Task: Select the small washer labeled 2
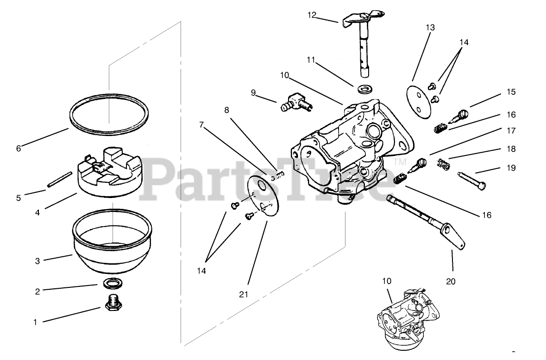(110, 283)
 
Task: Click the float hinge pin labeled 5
(59, 180)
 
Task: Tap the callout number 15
(511, 92)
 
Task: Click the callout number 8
(227, 110)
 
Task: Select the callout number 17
(511, 131)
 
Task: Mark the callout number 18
(511, 149)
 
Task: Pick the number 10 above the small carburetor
(387, 281)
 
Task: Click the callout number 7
(201, 124)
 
